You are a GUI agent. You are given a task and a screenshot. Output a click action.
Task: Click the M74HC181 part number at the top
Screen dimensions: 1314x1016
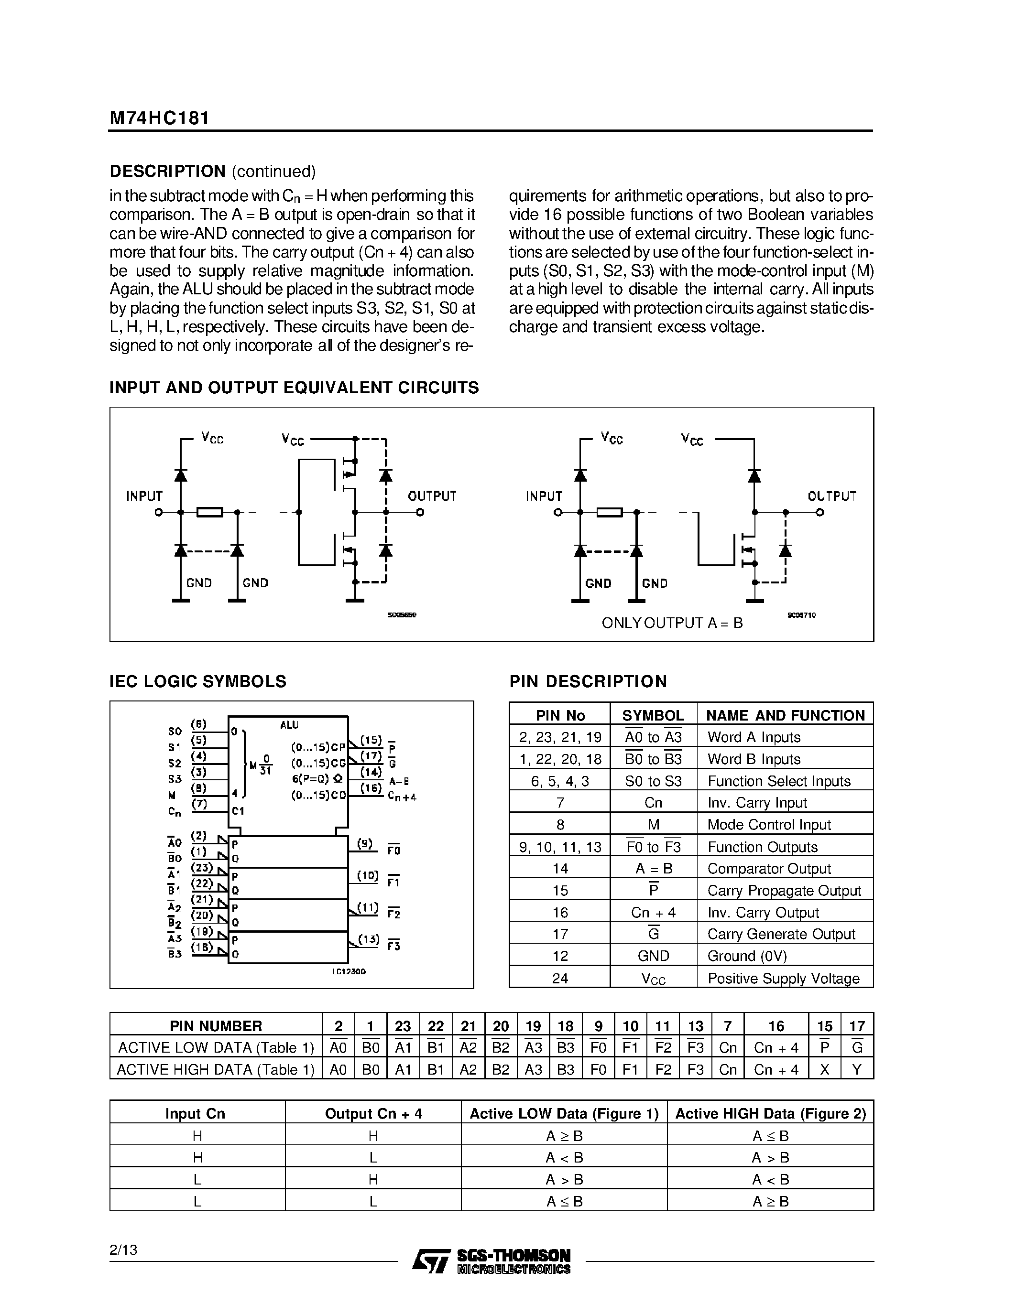[160, 118]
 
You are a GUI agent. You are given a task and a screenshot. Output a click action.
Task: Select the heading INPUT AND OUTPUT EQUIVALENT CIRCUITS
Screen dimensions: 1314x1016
[294, 388]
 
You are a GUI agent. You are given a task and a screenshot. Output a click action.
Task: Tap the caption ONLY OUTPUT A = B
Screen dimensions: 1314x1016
[672, 623]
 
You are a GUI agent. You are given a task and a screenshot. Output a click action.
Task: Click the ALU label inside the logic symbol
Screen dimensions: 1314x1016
[289, 726]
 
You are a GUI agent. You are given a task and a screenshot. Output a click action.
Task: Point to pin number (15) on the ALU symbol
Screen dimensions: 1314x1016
[371, 740]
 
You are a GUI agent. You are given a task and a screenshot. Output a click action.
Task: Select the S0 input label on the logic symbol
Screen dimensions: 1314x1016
[175, 732]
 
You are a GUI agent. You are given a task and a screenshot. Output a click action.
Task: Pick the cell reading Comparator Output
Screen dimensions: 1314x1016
[769, 869]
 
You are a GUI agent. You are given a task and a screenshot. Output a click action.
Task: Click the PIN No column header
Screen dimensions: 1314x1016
[560, 715]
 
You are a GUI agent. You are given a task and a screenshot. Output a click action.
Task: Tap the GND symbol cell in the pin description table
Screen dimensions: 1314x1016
[653, 956]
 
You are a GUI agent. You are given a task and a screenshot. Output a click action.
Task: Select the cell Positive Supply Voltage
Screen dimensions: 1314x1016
[783, 978]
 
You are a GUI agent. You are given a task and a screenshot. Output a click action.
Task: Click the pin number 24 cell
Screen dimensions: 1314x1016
[560, 978]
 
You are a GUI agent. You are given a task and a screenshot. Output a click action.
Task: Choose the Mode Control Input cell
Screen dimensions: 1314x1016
[769, 825]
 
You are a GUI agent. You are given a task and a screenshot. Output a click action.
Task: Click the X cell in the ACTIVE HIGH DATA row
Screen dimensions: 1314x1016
[825, 1070]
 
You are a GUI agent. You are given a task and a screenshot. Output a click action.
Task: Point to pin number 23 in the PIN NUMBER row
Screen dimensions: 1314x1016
[403, 1026]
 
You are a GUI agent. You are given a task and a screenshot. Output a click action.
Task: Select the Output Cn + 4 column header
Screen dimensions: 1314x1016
[373, 1114]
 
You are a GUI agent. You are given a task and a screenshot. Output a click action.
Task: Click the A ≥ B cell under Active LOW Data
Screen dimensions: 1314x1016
[564, 1136]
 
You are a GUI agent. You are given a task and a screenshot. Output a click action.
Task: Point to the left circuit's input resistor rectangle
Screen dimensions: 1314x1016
[210, 512]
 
